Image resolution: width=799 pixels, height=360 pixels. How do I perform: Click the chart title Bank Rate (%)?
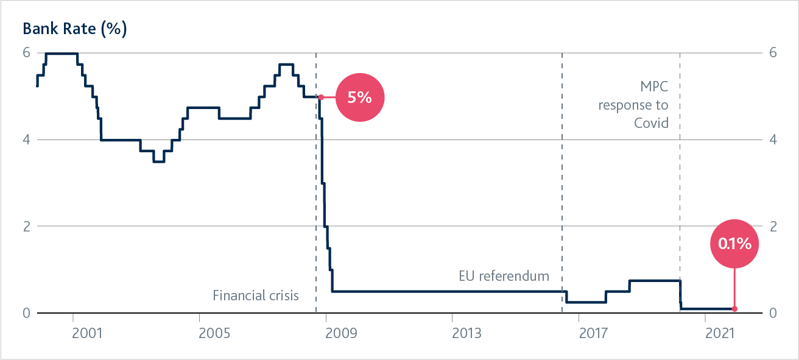pyautogui.click(x=75, y=29)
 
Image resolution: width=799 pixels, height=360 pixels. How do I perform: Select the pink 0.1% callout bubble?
pyautogui.click(x=734, y=244)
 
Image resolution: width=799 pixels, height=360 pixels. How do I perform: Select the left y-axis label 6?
pyautogui.click(x=26, y=52)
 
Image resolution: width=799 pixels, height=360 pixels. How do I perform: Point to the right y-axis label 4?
pyautogui.click(x=773, y=139)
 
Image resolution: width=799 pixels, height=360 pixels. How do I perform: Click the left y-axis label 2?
pyautogui.click(x=26, y=226)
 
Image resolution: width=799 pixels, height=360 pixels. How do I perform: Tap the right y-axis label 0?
pyautogui.click(x=773, y=313)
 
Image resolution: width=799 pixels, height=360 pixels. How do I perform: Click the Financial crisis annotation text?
pyautogui.click(x=256, y=296)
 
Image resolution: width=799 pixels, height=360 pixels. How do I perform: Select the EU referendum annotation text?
pyautogui.click(x=504, y=277)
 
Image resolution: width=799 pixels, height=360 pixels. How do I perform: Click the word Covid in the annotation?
pyautogui.click(x=651, y=123)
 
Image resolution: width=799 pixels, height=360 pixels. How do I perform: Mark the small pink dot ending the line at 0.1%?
pyautogui.click(x=734, y=309)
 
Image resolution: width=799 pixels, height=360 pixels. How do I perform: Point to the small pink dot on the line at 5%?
pyautogui.click(x=321, y=97)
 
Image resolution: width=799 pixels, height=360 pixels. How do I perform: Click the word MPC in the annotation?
pyautogui.click(x=654, y=86)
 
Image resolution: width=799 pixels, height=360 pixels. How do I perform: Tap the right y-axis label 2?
pyautogui.click(x=773, y=226)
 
